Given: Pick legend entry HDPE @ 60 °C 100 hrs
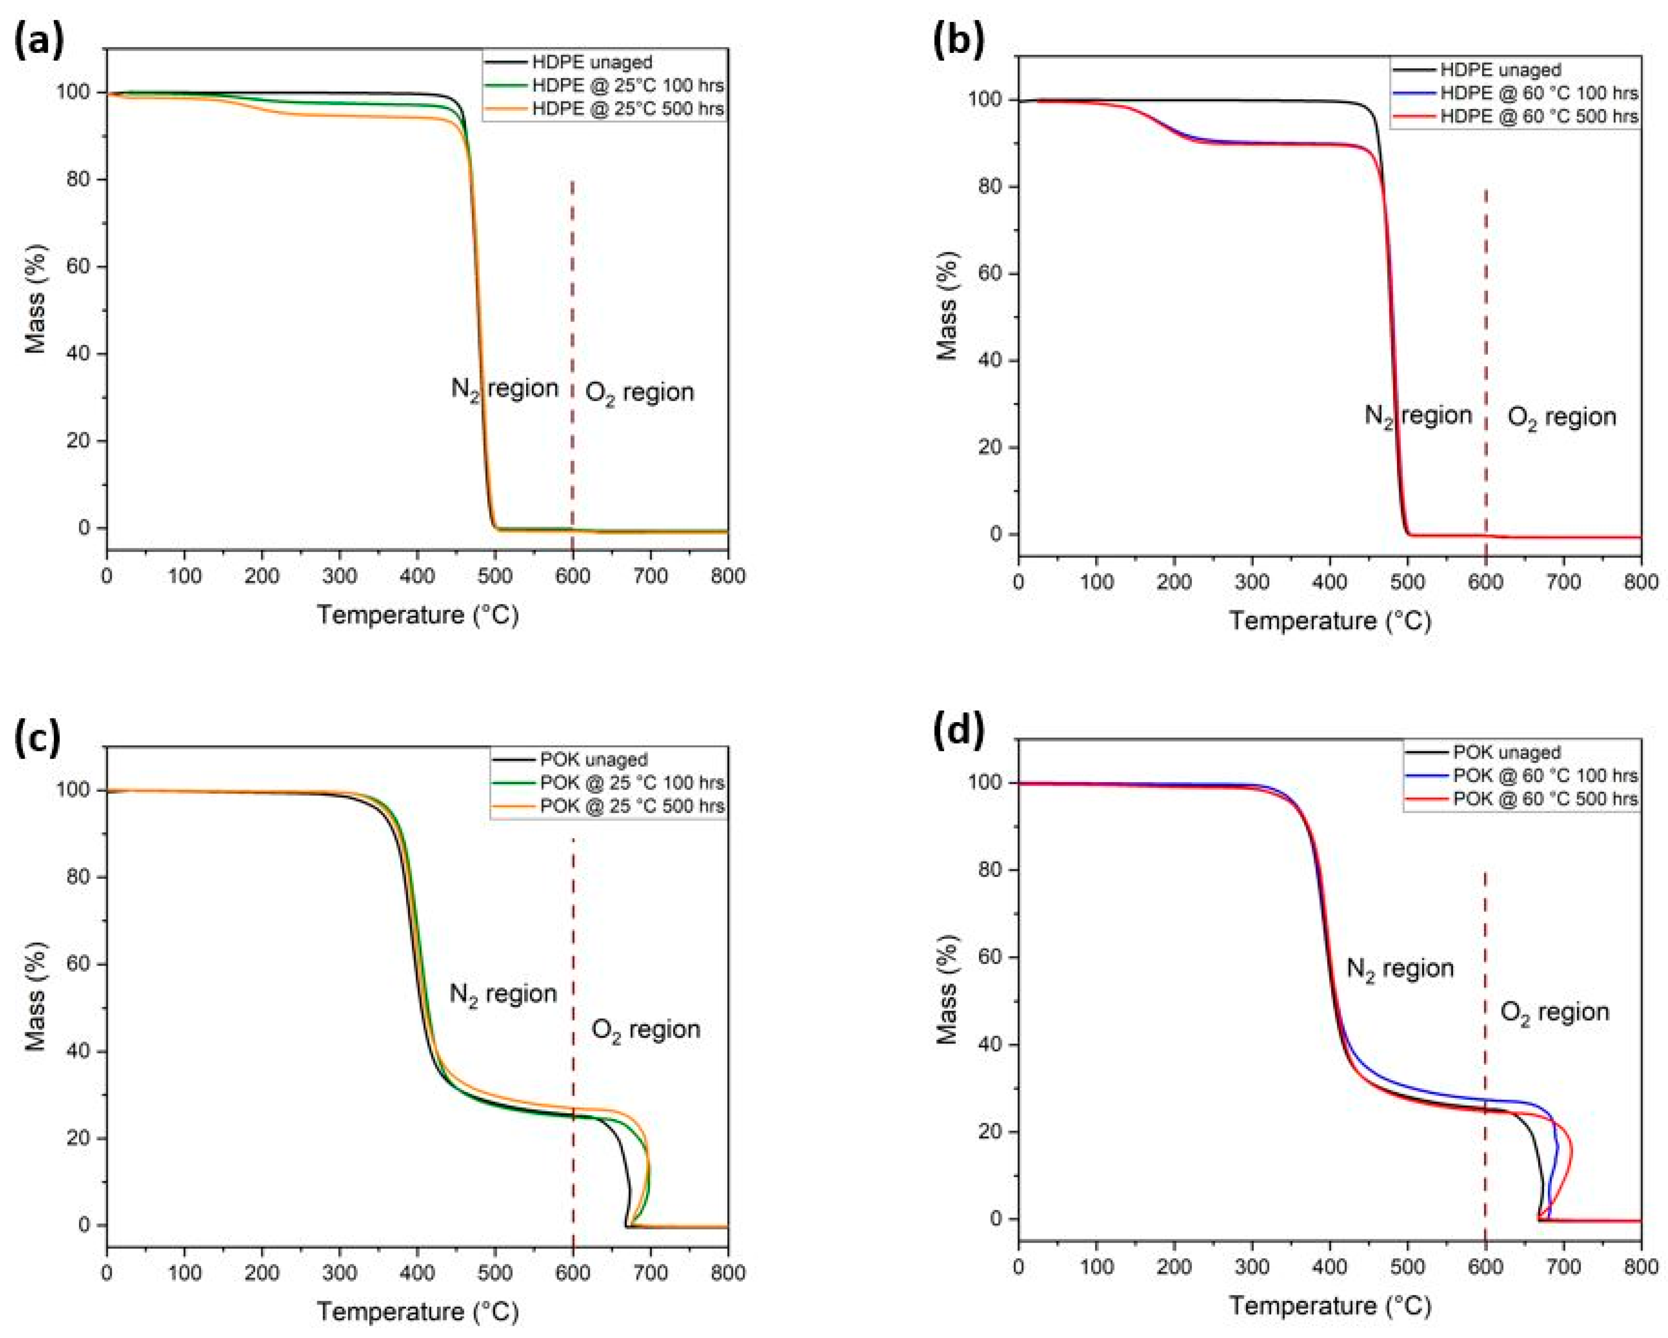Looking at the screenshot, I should (1539, 93).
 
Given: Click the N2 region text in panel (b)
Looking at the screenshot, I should (1417, 416).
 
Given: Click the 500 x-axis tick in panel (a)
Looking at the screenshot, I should (495, 576).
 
